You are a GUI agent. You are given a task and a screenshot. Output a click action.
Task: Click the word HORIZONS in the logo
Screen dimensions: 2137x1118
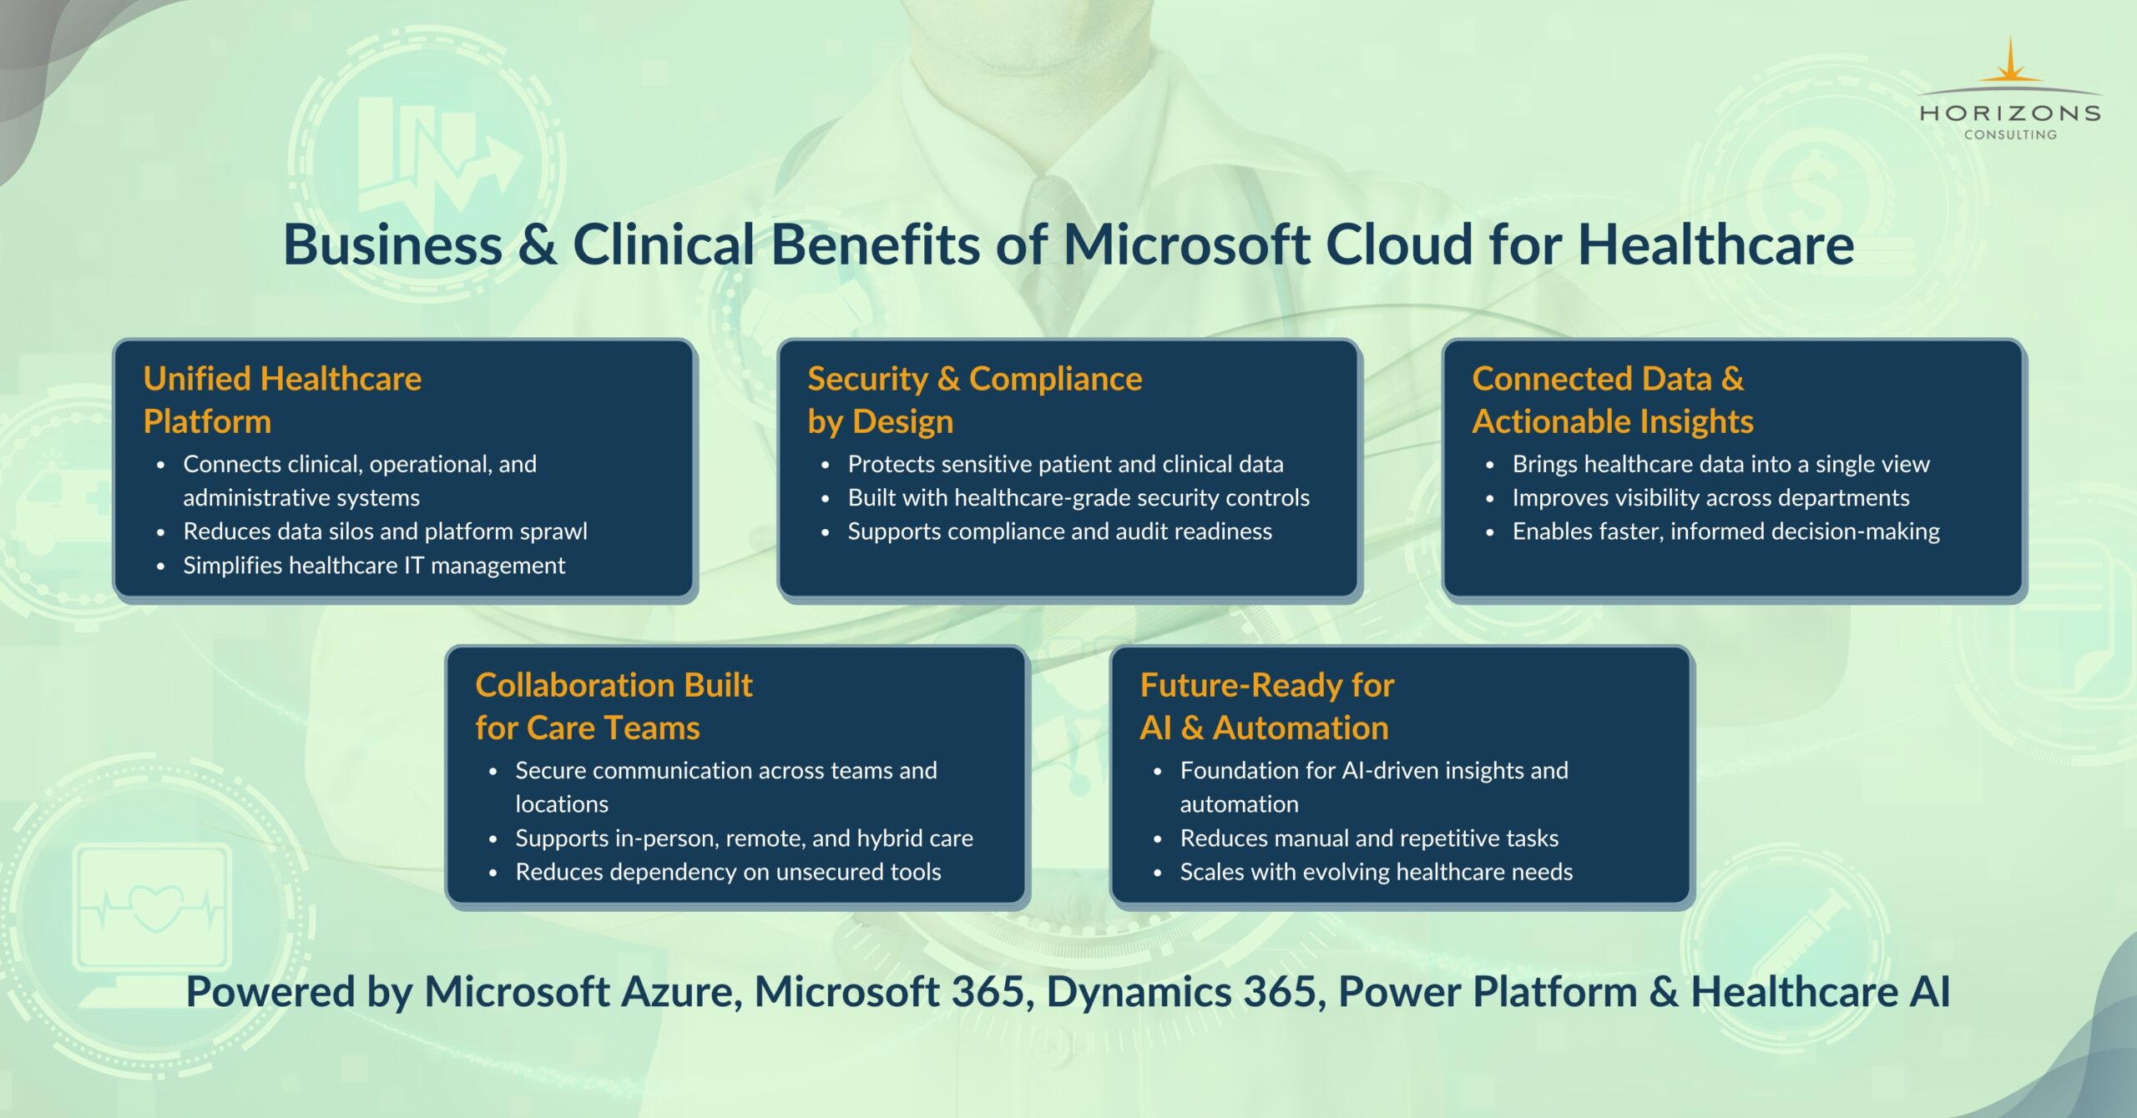click(x=2010, y=113)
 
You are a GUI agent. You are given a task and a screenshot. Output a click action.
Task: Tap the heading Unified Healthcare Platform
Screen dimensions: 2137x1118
click(x=282, y=400)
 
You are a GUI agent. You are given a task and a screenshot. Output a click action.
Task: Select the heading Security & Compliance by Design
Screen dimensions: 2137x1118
click(x=974, y=400)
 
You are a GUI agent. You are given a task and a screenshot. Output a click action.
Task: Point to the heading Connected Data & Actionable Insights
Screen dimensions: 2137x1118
click(x=1613, y=400)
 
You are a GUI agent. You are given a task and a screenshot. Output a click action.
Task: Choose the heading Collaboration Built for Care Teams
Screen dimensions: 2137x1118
click(x=614, y=706)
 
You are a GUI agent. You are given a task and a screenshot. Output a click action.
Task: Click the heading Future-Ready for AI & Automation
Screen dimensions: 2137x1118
click(x=1267, y=706)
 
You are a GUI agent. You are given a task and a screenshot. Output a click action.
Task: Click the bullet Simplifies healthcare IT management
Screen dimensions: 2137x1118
click(x=374, y=566)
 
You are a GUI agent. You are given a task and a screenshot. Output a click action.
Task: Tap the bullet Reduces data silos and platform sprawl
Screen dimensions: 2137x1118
click(x=385, y=531)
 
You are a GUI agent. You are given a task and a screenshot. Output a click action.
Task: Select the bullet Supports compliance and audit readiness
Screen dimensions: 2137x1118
click(x=1059, y=531)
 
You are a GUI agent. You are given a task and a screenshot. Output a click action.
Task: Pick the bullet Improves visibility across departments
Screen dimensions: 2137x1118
click(x=1710, y=498)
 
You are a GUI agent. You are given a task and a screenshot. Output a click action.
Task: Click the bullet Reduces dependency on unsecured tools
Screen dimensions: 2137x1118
click(x=728, y=872)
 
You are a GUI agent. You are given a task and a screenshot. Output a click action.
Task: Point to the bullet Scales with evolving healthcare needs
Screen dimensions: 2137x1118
click(x=1376, y=872)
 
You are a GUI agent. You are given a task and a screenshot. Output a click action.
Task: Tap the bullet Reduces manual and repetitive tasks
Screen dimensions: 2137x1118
click(x=1369, y=838)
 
